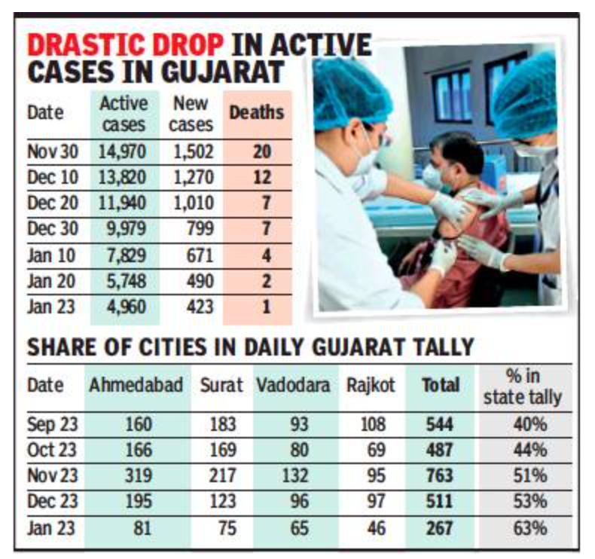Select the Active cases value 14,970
(x=123, y=151)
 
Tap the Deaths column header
(x=256, y=112)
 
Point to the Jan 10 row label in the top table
(x=50, y=255)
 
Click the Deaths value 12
(x=261, y=177)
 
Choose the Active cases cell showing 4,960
(x=123, y=307)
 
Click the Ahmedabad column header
(x=136, y=384)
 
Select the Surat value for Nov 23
(x=221, y=475)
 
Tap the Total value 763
(x=440, y=475)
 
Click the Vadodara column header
(x=293, y=384)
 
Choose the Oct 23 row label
(x=51, y=450)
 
